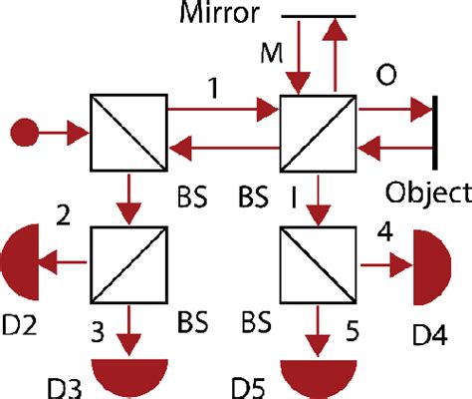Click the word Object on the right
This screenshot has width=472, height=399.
tap(429, 191)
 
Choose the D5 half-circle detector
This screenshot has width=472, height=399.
tap(318, 371)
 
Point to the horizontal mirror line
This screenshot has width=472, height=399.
tap(318, 17)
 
